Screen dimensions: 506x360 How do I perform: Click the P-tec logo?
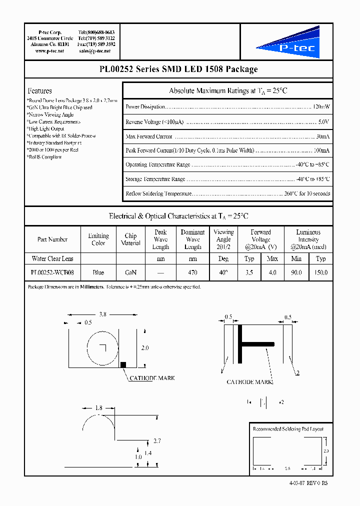286,42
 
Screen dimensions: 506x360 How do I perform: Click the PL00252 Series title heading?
178,69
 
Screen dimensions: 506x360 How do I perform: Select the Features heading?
39,91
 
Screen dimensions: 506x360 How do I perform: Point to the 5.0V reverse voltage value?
324,122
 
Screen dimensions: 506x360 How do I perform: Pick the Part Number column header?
52,239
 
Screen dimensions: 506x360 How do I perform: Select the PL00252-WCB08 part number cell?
52,273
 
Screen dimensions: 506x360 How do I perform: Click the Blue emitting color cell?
98,273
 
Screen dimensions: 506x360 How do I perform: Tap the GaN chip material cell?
130,273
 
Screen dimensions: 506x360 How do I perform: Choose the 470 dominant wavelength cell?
192,273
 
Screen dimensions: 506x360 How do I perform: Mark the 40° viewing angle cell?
223,273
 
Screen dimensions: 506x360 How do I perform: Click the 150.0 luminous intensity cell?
321,273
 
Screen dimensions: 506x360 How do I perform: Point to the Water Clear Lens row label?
52,259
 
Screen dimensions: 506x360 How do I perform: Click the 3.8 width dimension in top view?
102,314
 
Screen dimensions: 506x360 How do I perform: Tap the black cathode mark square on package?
123,364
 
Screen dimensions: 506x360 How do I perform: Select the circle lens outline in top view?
102,347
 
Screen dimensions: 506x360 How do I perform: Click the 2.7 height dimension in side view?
156,440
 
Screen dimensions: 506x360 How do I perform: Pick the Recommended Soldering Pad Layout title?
288,429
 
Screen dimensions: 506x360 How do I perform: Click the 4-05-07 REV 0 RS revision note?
308,483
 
